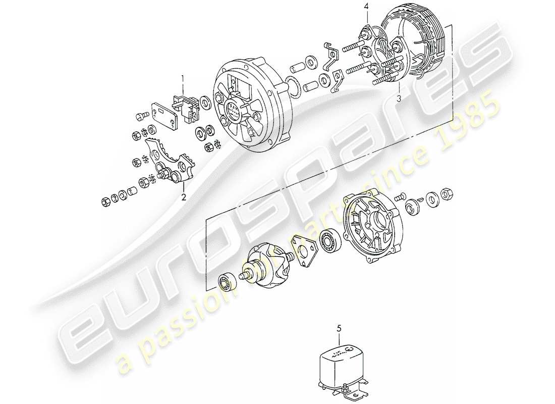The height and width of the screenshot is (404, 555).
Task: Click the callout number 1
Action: pyautogui.click(x=184, y=78)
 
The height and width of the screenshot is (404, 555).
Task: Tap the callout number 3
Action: pyautogui.click(x=399, y=99)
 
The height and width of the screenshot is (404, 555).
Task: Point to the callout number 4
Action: pyautogui.click(x=367, y=7)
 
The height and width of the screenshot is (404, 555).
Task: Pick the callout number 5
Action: pyautogui.click(x=339, y=329)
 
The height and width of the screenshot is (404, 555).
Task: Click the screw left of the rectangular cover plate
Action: pyautogui.click(x=140, y=117)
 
